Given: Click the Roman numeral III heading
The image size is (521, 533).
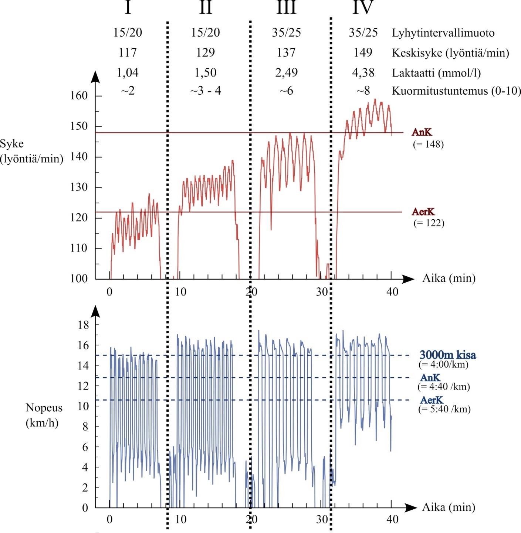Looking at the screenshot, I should (287, 7).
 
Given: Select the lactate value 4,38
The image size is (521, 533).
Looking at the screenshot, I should (363, 72).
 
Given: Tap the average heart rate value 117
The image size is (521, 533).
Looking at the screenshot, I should (128, 53).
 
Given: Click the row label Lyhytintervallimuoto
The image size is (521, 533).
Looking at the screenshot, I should (443, 33).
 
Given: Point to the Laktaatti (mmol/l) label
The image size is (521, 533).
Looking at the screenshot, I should (436, 73).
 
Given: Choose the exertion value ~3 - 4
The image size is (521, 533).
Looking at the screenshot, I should (206, 91).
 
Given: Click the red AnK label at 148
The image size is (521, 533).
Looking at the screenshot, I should (422, 132).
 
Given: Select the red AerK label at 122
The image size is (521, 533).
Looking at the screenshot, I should (423, 212).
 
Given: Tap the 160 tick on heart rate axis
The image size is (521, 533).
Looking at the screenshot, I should (79, 96).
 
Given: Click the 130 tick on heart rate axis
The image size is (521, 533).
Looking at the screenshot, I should (79, 187).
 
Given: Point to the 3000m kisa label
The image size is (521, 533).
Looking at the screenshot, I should (448, 355).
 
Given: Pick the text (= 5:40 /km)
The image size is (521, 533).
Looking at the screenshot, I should (444, 409).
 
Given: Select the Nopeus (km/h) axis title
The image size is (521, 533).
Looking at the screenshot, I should (44, 415).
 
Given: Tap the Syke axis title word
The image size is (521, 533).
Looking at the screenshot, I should (12, 144).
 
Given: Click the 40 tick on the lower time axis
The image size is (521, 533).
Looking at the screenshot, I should (392, 519).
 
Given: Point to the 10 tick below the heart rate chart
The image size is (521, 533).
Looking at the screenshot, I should (180, 292).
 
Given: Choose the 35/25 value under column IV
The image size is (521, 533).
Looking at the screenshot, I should (363, 33).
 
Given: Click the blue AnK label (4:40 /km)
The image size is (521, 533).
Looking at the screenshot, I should (430, 378).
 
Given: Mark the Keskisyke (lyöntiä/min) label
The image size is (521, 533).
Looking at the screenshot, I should (450, 53).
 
